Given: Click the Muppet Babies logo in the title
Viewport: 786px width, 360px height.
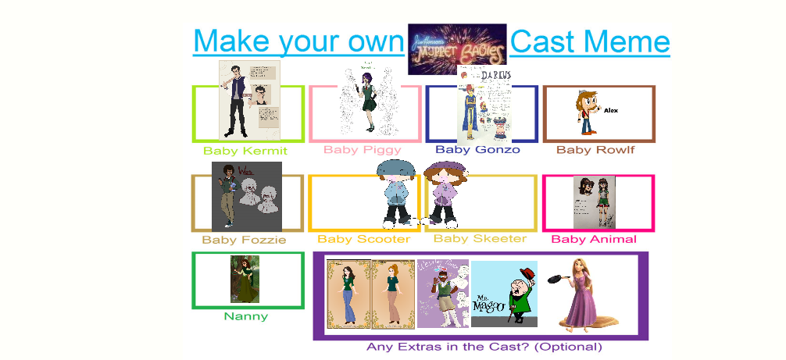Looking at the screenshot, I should pos(457,44).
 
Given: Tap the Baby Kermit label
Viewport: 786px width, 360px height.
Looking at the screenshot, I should pos(245,151).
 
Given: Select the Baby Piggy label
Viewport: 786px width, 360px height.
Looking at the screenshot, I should pos(363,149).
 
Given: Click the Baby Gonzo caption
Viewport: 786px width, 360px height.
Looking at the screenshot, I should pos(477,149).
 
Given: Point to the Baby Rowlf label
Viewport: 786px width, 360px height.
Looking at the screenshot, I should pos(595,149).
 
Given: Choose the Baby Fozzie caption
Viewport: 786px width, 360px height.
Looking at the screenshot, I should pos(244,240).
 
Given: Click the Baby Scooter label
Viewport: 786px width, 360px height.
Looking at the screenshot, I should pos(363,239).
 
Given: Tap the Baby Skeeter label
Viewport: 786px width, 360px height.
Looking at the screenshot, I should pos(480,238).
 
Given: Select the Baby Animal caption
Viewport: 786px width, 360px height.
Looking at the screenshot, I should pos(594,239).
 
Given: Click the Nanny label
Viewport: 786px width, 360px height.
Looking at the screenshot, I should pos(245,316).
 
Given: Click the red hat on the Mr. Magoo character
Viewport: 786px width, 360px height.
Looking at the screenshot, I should pos(530,273).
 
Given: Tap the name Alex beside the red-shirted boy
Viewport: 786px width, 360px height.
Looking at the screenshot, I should pos(611,111).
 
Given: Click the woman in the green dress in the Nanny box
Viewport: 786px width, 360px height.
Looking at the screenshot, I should pos(239,280).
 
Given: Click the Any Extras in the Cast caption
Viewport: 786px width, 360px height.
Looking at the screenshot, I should pos(484,347).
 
